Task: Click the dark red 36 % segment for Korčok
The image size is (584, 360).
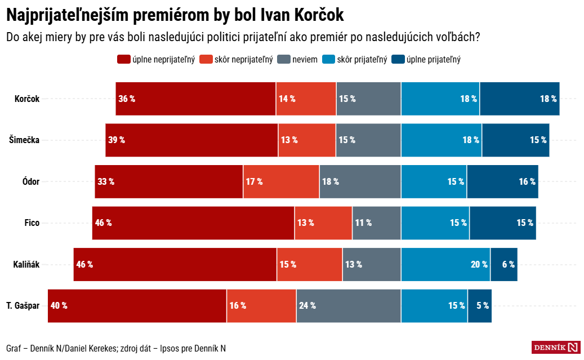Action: point(195,99)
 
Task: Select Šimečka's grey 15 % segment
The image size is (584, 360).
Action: point(368,140)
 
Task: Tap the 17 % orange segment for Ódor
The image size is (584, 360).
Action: point(281,181)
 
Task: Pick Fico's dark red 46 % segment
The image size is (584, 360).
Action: point(193,223)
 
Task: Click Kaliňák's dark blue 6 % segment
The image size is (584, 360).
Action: point(503,264)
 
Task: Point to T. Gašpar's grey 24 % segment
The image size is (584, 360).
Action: point(349,305)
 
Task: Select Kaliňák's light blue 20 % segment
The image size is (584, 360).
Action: point(445,264)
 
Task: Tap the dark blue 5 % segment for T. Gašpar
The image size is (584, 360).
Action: point(479,305)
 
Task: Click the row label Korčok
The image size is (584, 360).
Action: point(27,99)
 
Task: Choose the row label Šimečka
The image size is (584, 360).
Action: point(24,140)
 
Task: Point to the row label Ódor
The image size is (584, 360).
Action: point(30,181)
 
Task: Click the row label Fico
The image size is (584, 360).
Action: point(32,223)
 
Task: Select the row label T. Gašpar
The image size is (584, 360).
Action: point(23,305)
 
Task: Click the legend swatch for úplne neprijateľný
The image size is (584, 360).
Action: point(123,59)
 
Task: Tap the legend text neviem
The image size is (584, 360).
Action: point(305,59)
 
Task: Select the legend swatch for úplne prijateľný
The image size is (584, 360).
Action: point(398,59)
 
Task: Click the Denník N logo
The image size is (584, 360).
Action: point(556,347)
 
